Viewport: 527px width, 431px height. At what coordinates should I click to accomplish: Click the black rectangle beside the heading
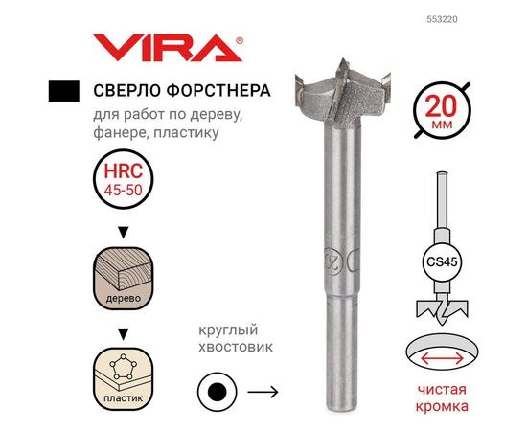click(62, 92)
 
